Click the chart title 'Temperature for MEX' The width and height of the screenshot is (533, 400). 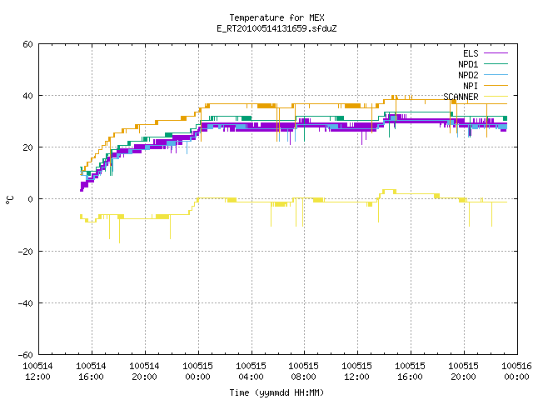276,17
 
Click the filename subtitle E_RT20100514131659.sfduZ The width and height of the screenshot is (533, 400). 276,28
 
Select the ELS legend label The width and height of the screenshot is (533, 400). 471,53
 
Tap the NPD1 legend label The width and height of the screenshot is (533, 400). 468,64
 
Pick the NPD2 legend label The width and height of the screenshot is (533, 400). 468,75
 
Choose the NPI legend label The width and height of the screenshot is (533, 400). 471,86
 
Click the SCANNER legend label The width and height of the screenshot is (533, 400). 461,97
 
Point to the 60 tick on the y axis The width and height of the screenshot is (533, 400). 27,44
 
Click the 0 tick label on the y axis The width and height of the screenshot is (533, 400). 31,199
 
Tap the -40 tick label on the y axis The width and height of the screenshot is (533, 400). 26,303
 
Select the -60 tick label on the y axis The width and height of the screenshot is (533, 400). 26,355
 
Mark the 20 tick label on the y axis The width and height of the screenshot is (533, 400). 27,147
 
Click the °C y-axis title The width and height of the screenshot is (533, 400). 9,200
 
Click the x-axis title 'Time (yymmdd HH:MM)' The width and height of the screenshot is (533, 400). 276,392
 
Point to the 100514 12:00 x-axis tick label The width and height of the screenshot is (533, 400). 38,372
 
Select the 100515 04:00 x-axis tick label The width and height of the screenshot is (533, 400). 252,372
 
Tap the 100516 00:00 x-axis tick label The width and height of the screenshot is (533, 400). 516,372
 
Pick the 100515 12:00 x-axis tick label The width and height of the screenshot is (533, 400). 357,372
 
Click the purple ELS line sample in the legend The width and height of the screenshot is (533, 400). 496,53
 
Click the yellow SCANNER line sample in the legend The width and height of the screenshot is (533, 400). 496,97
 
